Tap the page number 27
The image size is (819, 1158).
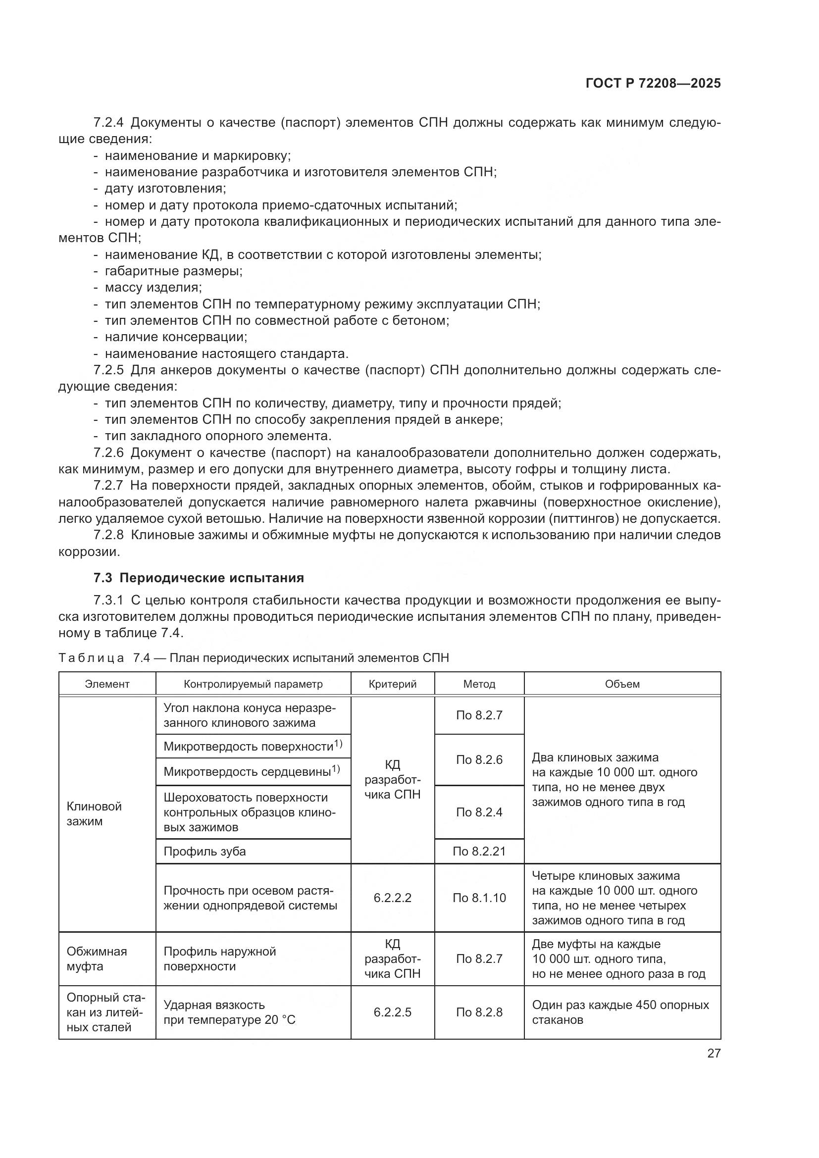(x=714, y=1053)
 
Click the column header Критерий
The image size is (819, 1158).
(x=392, y=684)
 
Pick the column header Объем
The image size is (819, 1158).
(x=622, y=684)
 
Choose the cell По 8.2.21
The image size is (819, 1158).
(x=479, y=852)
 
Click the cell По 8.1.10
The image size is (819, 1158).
(x=479, y=898)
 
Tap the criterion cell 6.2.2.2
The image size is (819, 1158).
(x=392, y=898)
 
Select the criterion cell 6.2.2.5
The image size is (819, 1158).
(x=392, y=1012)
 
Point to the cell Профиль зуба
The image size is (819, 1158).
(x=205, y=852)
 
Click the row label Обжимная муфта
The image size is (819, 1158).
(x=97, y=959)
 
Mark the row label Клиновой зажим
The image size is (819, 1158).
(x=94, y=813)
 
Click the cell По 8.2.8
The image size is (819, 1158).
(x=479, y=1012)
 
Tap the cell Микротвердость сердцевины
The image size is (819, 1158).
(x=251, y=772)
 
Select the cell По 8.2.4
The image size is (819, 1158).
(x=479, y=812)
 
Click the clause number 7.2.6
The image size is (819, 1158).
(x=108, y=453)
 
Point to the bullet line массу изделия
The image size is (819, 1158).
(x=153, y=288)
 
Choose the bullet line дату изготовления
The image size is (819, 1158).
(x=165, y=189)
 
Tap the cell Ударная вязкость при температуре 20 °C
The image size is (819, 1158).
(x=229, y=1012)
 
